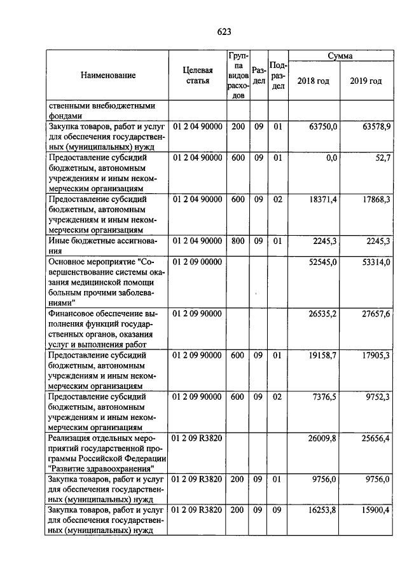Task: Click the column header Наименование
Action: (108, 76)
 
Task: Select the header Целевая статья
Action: (197, 76)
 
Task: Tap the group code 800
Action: (238, 241)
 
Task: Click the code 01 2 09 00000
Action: (197, 261)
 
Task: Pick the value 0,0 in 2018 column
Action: (331, 158)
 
